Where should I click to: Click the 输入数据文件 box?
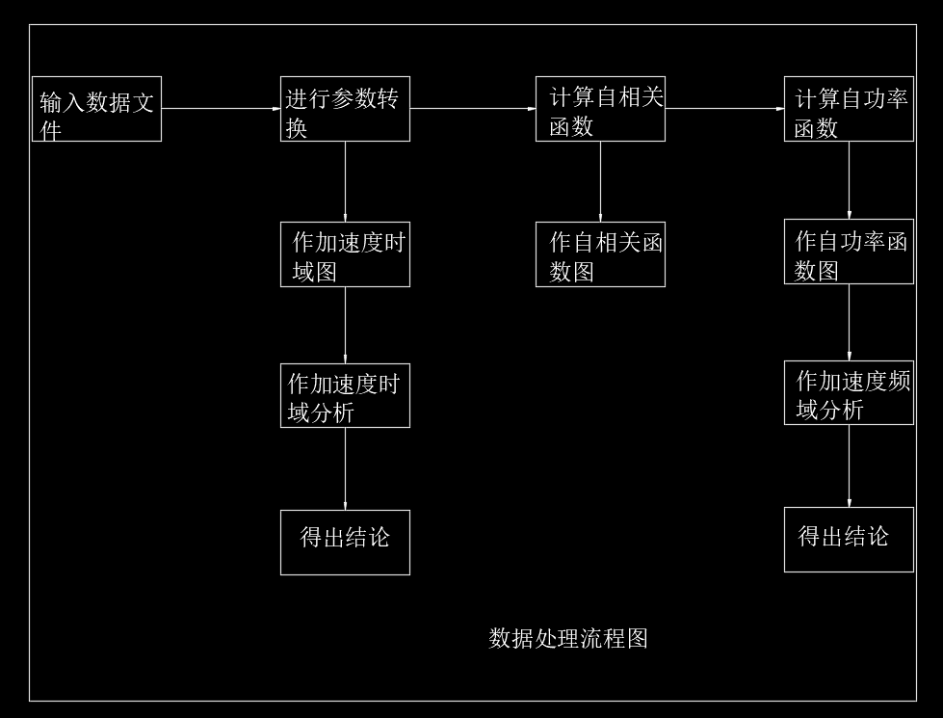[x=96, y=109]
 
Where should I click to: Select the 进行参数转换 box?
[x=345, y=109]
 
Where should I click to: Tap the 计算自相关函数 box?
[x=600, y=109]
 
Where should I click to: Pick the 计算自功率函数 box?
[x=849, y=109]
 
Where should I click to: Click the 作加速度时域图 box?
[x=345, y=254]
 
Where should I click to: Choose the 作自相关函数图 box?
[x=600, y=254]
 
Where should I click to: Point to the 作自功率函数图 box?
[x=849, y=253]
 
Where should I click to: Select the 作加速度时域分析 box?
[x=345, y=395]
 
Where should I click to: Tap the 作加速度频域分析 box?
[x=849, y=392]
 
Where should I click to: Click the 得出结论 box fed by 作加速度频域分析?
[x=849, y=539]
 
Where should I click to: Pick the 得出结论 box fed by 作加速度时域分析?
[x=345, y=542]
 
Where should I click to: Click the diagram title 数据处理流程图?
[x=568, y=638]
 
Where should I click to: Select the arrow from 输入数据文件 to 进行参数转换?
[x=221, y=109]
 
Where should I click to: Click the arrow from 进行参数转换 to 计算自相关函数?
[x=472, y=109]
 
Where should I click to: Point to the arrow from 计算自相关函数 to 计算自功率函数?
[x=724, y=109]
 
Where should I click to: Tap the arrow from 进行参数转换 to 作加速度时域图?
[x=345, y=181]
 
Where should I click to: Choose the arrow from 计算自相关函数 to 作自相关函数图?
[x=600, y=181]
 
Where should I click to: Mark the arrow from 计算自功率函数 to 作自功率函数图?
[x=849, y=180]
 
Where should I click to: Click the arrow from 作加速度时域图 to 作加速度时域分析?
[x=345, y=325]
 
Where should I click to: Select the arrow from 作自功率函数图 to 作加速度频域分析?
[x=849, y=322]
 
